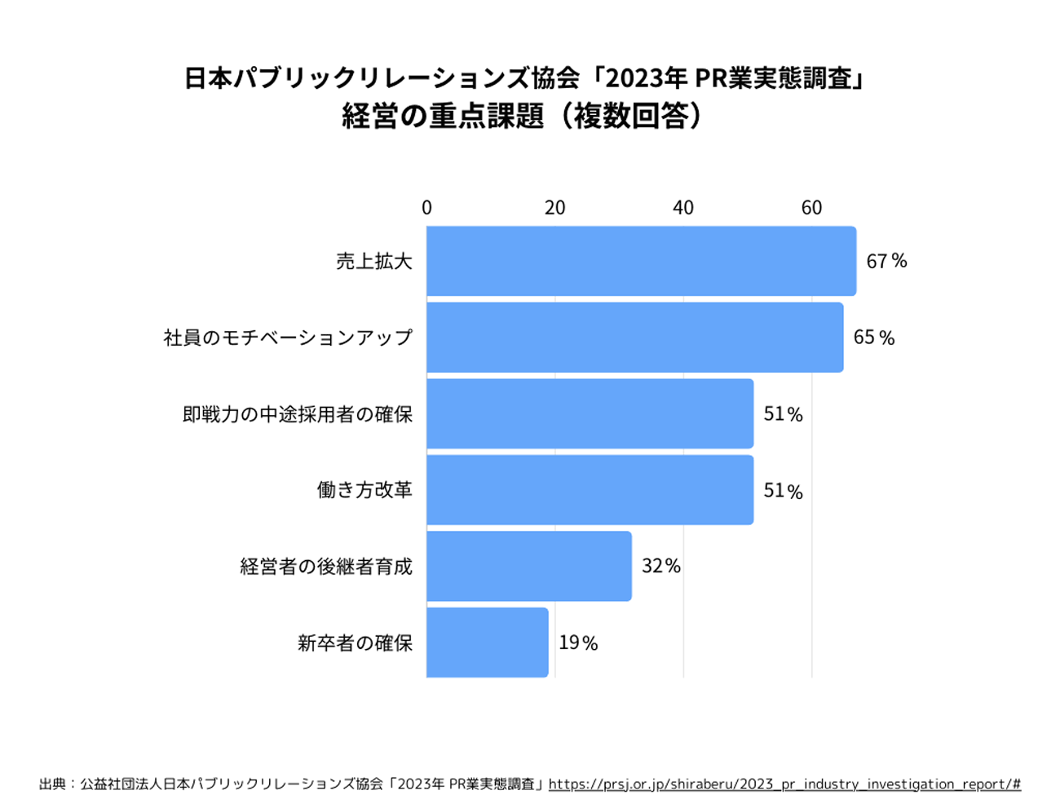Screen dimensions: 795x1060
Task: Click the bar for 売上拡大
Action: point(641,261)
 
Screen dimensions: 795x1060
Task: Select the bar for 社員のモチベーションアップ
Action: point(634,338)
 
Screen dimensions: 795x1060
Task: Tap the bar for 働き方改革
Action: point(590,490)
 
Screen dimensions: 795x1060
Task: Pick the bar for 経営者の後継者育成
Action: point(528,566)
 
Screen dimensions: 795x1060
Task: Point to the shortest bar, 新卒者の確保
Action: point(487,643)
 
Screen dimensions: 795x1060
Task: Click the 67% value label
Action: point(886,261)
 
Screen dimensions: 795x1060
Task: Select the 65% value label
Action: point(873,338)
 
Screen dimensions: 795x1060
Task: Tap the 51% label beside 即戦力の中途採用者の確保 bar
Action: point(783,414)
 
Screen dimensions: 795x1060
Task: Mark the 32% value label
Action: point(660,566)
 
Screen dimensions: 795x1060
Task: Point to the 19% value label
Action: point(578,643)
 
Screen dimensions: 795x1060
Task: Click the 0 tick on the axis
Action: point(426,208)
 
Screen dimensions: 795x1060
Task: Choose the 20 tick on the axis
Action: point(555,208)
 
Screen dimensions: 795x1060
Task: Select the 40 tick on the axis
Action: point(683,208)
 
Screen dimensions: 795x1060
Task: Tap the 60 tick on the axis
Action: point(811,208)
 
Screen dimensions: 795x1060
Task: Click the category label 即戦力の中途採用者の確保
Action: point(298,414)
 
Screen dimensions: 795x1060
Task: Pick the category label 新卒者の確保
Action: point(355,643)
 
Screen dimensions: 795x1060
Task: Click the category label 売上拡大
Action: point(374,262)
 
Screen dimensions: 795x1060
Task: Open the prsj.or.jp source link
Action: point(784,784)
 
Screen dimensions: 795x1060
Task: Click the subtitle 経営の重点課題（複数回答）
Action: point(522,117)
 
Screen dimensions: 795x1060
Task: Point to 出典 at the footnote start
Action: point(52,784)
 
